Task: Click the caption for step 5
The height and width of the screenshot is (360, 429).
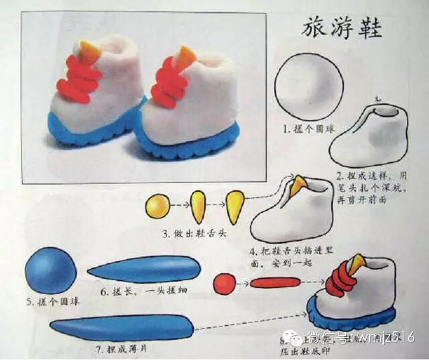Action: pyautogui.click(x=53, y=302)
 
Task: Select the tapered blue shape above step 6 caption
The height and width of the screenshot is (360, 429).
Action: pyautogui.click(x=145, y=269)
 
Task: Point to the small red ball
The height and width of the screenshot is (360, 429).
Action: pyautogui.click(x=224, y=284)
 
